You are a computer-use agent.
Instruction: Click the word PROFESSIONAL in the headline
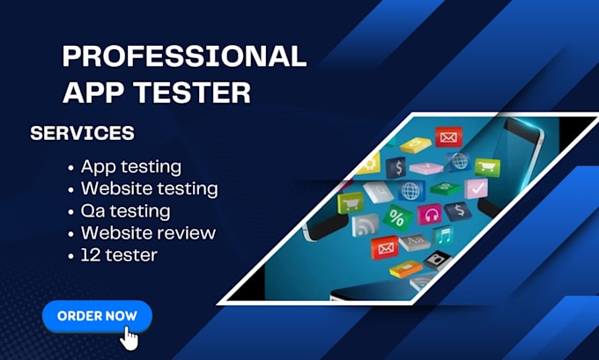tap(184, 56)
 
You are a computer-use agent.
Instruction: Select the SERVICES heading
tap(82, 133)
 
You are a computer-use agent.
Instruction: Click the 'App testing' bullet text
tap(131, 167)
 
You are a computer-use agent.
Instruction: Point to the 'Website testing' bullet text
tap(150, 188)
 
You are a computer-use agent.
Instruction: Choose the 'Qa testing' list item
tap(125, 211)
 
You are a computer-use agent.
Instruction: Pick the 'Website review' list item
tap(148, 233)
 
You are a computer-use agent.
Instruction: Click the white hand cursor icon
tap(129, 337)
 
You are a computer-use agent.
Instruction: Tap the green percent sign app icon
tap(397, 218)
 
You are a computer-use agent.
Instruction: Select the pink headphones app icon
tap(431, 214)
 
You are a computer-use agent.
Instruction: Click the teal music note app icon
tap(443, 236)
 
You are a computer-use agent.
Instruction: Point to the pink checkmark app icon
tap(477, 188)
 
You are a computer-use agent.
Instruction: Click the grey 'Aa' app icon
tap(414, 242)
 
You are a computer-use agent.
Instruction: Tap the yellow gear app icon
tap(369, 164)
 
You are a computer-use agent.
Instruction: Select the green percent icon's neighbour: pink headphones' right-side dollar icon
tap(458, 211)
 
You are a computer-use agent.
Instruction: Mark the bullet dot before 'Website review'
tap(70, 234)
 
